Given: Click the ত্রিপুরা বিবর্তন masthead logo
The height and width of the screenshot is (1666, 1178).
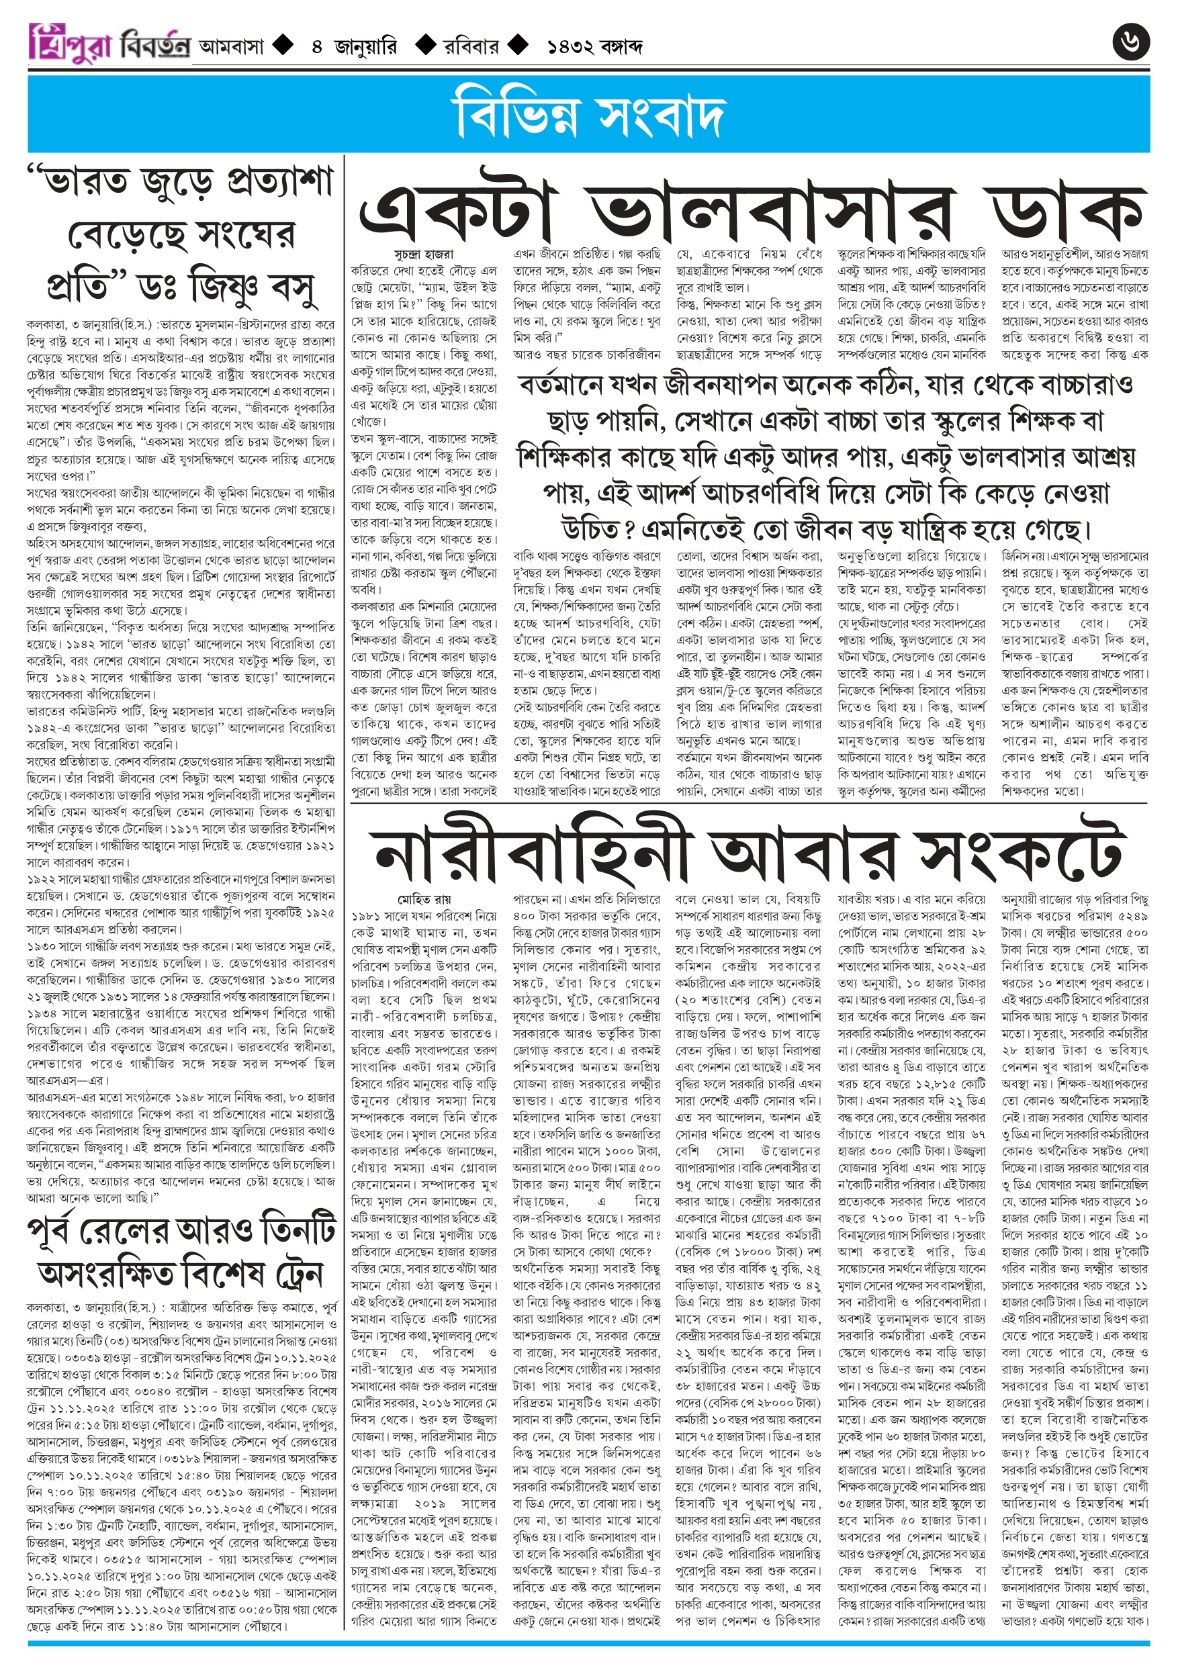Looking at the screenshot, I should [109, 44].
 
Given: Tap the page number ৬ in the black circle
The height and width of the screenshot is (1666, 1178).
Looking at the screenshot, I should [1130, 42].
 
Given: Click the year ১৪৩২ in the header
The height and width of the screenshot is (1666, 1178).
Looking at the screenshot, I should [573, 47].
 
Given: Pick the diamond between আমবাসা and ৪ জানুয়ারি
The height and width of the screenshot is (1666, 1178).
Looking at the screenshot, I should [282, 46].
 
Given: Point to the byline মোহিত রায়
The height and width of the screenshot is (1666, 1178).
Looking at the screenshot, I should [424, 899].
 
